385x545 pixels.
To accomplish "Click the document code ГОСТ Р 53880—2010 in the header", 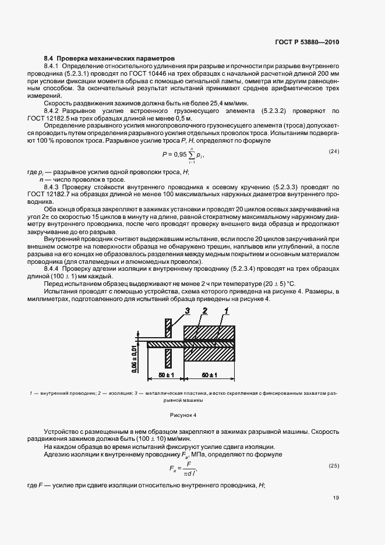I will (307, 43).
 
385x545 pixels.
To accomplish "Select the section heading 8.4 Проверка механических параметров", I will (109, 59).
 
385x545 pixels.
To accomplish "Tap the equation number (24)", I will (334, 152).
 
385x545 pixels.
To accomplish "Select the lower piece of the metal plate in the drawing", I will (167, 358).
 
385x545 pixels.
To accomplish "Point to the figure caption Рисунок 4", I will (184, 415).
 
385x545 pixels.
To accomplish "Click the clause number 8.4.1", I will (54, 68).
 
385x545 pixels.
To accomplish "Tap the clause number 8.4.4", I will (54, 268).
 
